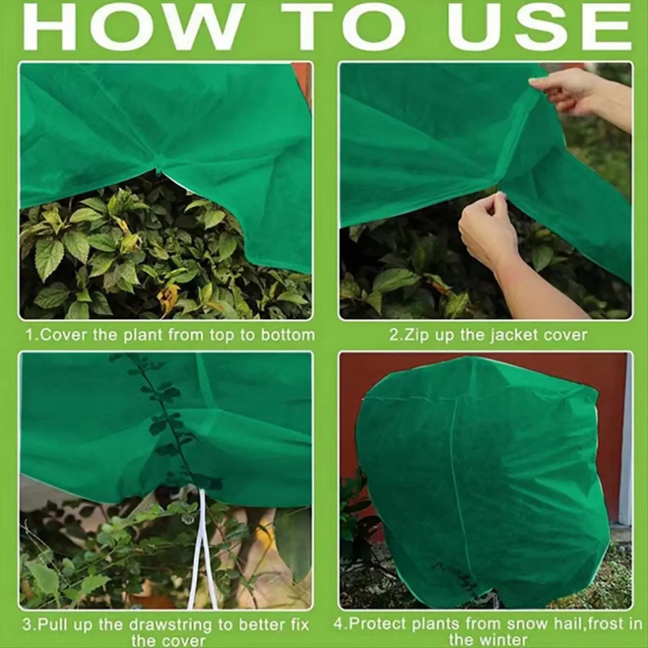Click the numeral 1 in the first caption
pos(30,335)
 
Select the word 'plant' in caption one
pos(139,335)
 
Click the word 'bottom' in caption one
pos(287,335)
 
